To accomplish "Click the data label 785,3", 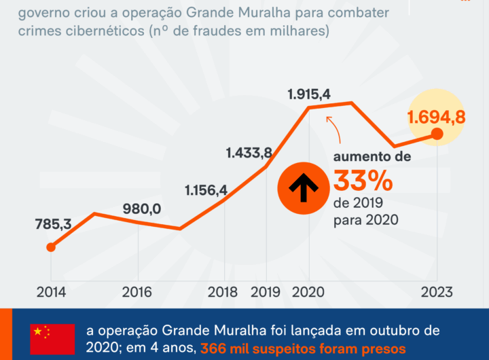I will coord(54,223).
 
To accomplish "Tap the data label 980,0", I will coord(142,209).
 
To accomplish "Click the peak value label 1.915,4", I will coord(308,94).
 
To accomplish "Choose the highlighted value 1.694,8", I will coord(436,118).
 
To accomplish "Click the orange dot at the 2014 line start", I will coord(50,247).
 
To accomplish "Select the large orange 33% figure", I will coord(363,182).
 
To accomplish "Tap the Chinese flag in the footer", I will coord(52,338).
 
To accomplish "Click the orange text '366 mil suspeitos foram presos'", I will coord(303,348).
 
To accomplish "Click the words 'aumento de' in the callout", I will coord(372,157).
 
